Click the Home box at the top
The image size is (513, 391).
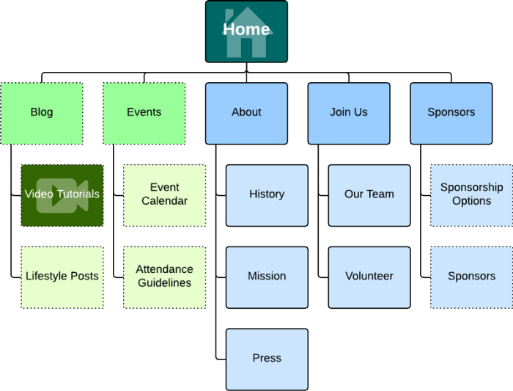(246, 32)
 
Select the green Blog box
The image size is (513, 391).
(42, 113)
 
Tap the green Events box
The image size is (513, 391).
(144, 113)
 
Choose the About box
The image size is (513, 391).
(246, 113)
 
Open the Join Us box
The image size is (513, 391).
(349, 113)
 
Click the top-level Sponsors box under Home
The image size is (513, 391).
(451, 113)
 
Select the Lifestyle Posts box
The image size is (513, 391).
(62, 277)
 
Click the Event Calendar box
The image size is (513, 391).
(164, 195)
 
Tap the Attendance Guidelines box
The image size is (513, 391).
(164, 277)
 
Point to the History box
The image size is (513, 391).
(267, 195)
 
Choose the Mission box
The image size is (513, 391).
(267, 277)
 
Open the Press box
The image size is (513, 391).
(267, 359)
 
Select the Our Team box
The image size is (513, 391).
(369, 195)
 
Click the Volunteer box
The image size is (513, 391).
(369, 277)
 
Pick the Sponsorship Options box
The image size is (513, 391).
(471, 195)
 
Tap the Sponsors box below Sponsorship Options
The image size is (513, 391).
(471, 277)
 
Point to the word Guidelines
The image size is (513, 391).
(164, 283)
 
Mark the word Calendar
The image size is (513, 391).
(164, 201)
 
